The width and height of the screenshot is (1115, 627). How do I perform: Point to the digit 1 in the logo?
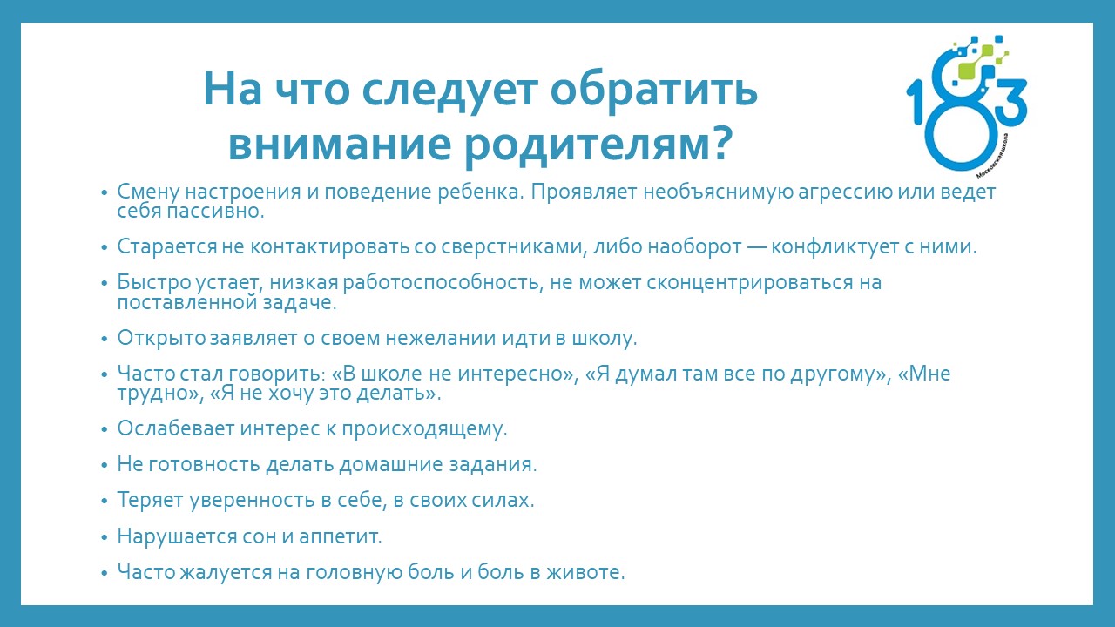(917, 103)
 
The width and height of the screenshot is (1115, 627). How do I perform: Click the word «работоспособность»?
(442, 283)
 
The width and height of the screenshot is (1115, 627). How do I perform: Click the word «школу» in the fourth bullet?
(605, 339)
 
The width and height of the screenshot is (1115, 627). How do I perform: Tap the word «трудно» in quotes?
(155, 394)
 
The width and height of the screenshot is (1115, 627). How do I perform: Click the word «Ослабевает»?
(176, 428)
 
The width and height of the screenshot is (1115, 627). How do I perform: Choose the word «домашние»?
(392, 465)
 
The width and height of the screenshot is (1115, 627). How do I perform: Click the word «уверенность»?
(252, 500)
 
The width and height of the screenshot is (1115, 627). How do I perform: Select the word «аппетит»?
(340, 537)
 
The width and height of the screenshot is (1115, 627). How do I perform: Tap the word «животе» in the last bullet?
(585, 572)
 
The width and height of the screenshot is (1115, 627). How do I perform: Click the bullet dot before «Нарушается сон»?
(104, 538)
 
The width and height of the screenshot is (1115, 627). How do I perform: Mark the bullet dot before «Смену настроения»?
(104, 193)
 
